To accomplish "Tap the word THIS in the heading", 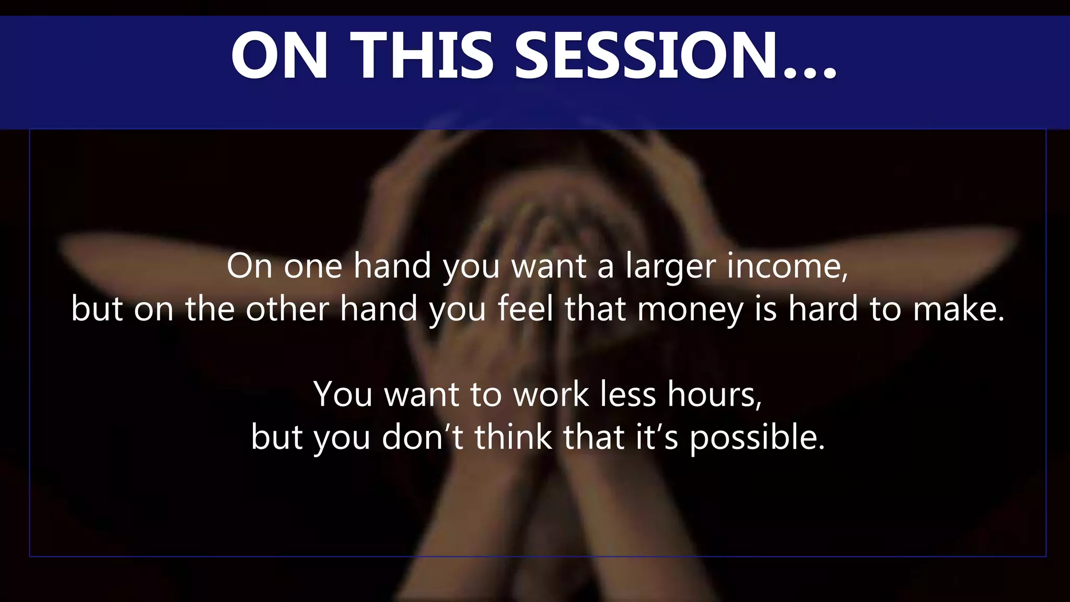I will coord(422,56).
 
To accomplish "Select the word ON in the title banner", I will coord(280,56).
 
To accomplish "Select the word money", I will coord(690,310).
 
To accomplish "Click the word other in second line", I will coord(287,309).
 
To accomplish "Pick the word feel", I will coord(525,309).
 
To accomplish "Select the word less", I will coord(627,395).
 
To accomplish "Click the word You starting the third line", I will coord(343,395).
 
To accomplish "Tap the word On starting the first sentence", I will coord(249,267).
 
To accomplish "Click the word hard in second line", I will coord(823,309).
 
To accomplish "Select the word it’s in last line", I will coord(657,437).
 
